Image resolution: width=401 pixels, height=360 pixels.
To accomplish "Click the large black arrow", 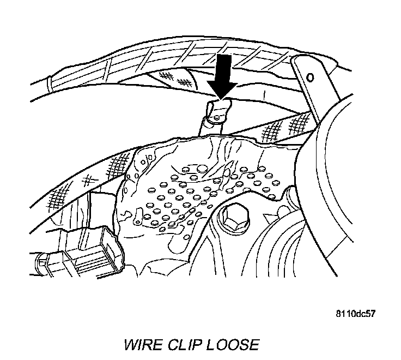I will pos(222,73).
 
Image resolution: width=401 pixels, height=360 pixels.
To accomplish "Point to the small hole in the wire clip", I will pos(217,115).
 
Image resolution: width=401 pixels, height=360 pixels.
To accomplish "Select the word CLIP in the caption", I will pos(184,345).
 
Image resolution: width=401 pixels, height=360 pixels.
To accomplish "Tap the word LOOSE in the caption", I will pos(232,345).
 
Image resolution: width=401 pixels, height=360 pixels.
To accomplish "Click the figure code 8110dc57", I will pos(355,314).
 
